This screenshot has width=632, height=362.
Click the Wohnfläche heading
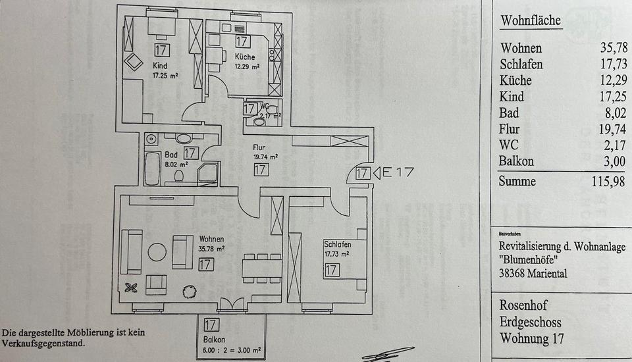tap(531, 20)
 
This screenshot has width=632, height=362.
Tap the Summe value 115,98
tap(606, 182)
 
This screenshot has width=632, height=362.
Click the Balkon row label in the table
tap(517, 161)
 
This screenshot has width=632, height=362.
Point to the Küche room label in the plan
tap(245, 57)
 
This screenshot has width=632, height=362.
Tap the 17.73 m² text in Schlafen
tap(336, 253)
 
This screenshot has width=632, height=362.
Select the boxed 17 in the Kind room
tap(161, 50)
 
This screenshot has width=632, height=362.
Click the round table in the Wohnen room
tap(157, 251)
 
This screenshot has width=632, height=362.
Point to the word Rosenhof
tap(523, 306)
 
